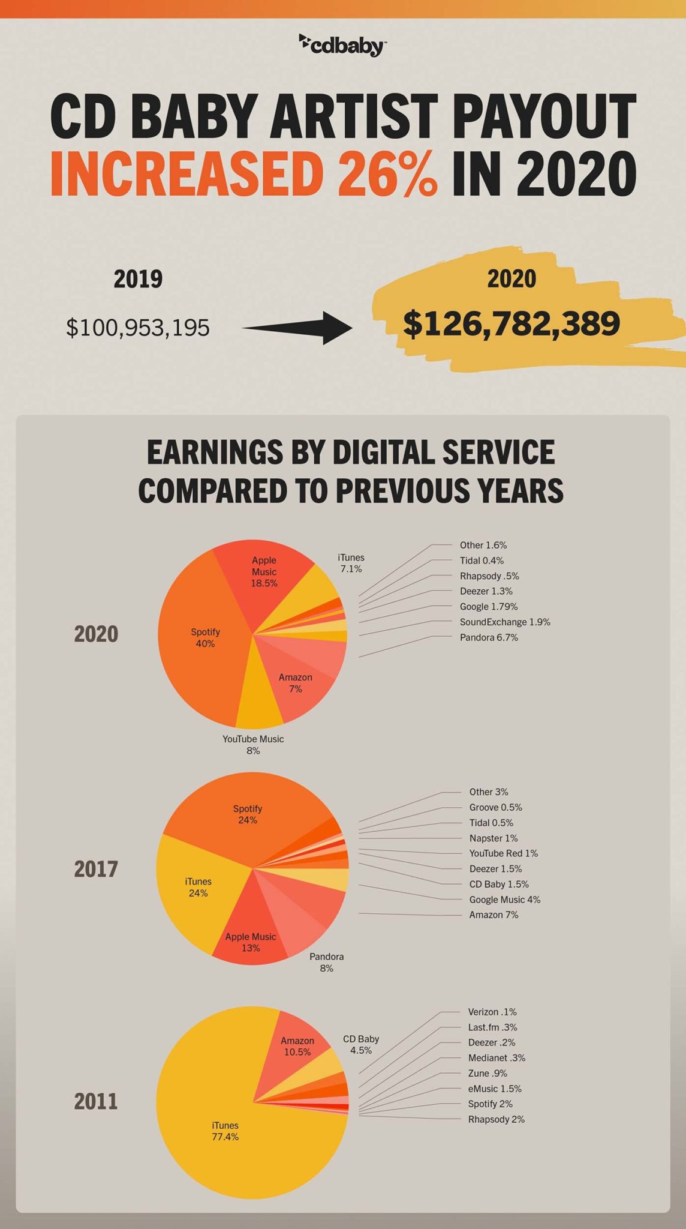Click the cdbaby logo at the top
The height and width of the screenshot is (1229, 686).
[342, 44]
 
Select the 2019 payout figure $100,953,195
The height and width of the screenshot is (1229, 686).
[138, 328]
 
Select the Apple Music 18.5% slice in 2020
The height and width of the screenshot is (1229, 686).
[264, 582]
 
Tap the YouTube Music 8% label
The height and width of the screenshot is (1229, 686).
[253, 744]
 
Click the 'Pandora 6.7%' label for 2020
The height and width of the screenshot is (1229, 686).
[488, 637]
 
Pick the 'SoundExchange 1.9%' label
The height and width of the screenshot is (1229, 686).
[504, 622]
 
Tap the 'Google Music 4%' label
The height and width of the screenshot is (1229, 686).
[504, 900]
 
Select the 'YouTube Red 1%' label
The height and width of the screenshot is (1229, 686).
[503, 853]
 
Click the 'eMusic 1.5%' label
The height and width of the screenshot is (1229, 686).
[494, 1089]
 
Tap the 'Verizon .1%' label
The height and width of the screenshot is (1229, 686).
[492, 1012]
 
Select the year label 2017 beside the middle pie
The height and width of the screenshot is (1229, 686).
[96, 868]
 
